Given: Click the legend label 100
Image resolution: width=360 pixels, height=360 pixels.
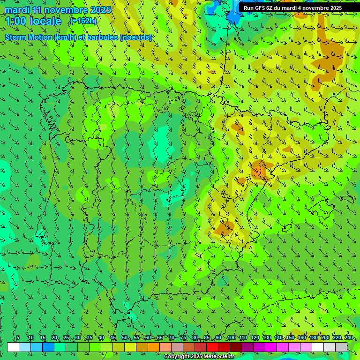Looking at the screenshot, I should click(x=232, y=337).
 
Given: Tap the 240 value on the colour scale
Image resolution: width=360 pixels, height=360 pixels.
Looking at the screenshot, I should click(x=348, y=337).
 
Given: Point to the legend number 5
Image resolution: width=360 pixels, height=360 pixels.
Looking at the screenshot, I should click(x=18, y=337).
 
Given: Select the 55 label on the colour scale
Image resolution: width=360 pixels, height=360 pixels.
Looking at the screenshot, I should click(x=136, y=337).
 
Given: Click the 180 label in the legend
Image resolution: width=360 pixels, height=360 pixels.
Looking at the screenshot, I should click(x=313, y=337).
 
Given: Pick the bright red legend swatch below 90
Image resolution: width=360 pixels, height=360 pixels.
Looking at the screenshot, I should click(x=212, y=347).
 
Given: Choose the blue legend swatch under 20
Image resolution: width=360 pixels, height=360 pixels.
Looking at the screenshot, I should click(x=48, y=347).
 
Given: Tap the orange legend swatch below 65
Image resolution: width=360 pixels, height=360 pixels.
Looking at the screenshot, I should click(x=154, y=347).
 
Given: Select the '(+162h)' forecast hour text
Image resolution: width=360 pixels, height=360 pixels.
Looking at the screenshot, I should click(x=83, y=21).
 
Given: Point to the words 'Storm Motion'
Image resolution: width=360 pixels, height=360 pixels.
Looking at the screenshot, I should click(x=28, y=37).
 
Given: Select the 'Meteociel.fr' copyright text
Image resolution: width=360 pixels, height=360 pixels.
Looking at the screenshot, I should click(x=216, y=357).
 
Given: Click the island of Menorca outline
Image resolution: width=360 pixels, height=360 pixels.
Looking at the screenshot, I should click(x=347, y=199).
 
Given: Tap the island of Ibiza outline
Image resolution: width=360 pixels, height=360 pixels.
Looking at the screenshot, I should click(x=287, y=228).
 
